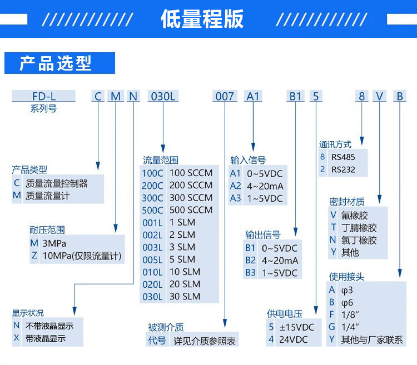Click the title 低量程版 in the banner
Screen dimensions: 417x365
coord(202,18)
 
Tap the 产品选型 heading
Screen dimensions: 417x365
coord(56,63)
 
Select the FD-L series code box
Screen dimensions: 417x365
coord(43,96)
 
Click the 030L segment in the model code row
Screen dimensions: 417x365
coord(163,96)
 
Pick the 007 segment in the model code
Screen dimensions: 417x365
coord(225,96)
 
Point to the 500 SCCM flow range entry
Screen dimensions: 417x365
coord(191,210)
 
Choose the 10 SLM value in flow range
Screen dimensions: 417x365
coord(185,272)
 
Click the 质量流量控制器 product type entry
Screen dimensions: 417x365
coord(56,183)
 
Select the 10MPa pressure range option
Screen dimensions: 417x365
coord(82,256)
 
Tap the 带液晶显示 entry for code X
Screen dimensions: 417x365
coord(46,338)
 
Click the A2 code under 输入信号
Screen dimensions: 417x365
coord(235,186)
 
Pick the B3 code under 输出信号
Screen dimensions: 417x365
coord(250,273)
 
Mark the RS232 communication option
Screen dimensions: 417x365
coord(343,169)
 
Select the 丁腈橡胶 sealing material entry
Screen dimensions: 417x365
coord(359,228)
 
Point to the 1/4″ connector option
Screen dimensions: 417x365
coord(350,327)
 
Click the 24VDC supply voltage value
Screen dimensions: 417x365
coord(294,339)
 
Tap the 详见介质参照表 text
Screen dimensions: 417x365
coord(205,341)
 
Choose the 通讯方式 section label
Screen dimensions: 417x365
coord(335,144)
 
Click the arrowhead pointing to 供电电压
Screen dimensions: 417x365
coord(316,310)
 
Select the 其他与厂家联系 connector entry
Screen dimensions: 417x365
coord(372,340)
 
